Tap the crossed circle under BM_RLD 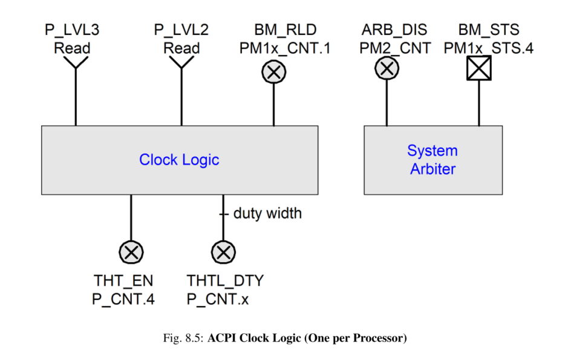point(273,72)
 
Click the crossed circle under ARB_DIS point(387,68)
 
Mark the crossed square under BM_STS point(478,69)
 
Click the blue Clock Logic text point(179,160)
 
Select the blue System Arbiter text point(432,160)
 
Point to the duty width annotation point(267,213)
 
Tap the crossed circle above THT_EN point(131,251)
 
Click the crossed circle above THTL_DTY point(223,251)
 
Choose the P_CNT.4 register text point(123,299)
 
